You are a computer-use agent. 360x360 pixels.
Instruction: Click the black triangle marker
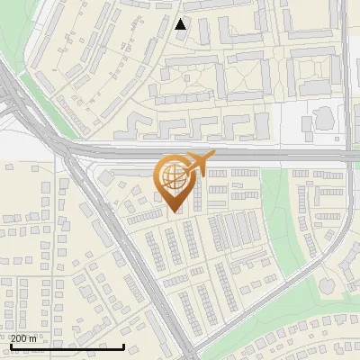point(181,23)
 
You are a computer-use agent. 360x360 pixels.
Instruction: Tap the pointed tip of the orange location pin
point(176,212)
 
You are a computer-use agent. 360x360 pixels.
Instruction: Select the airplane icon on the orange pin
point(197,164)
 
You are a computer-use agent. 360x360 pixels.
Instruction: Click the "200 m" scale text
point(23,337)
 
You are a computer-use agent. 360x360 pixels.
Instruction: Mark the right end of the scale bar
point(123,346)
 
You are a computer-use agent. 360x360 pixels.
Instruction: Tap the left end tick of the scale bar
point(10,346)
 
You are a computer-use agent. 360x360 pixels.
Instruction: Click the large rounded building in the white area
point(325,118)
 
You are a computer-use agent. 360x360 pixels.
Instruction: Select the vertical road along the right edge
point(349,72)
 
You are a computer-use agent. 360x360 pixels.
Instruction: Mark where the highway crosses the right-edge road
point(349,154)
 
